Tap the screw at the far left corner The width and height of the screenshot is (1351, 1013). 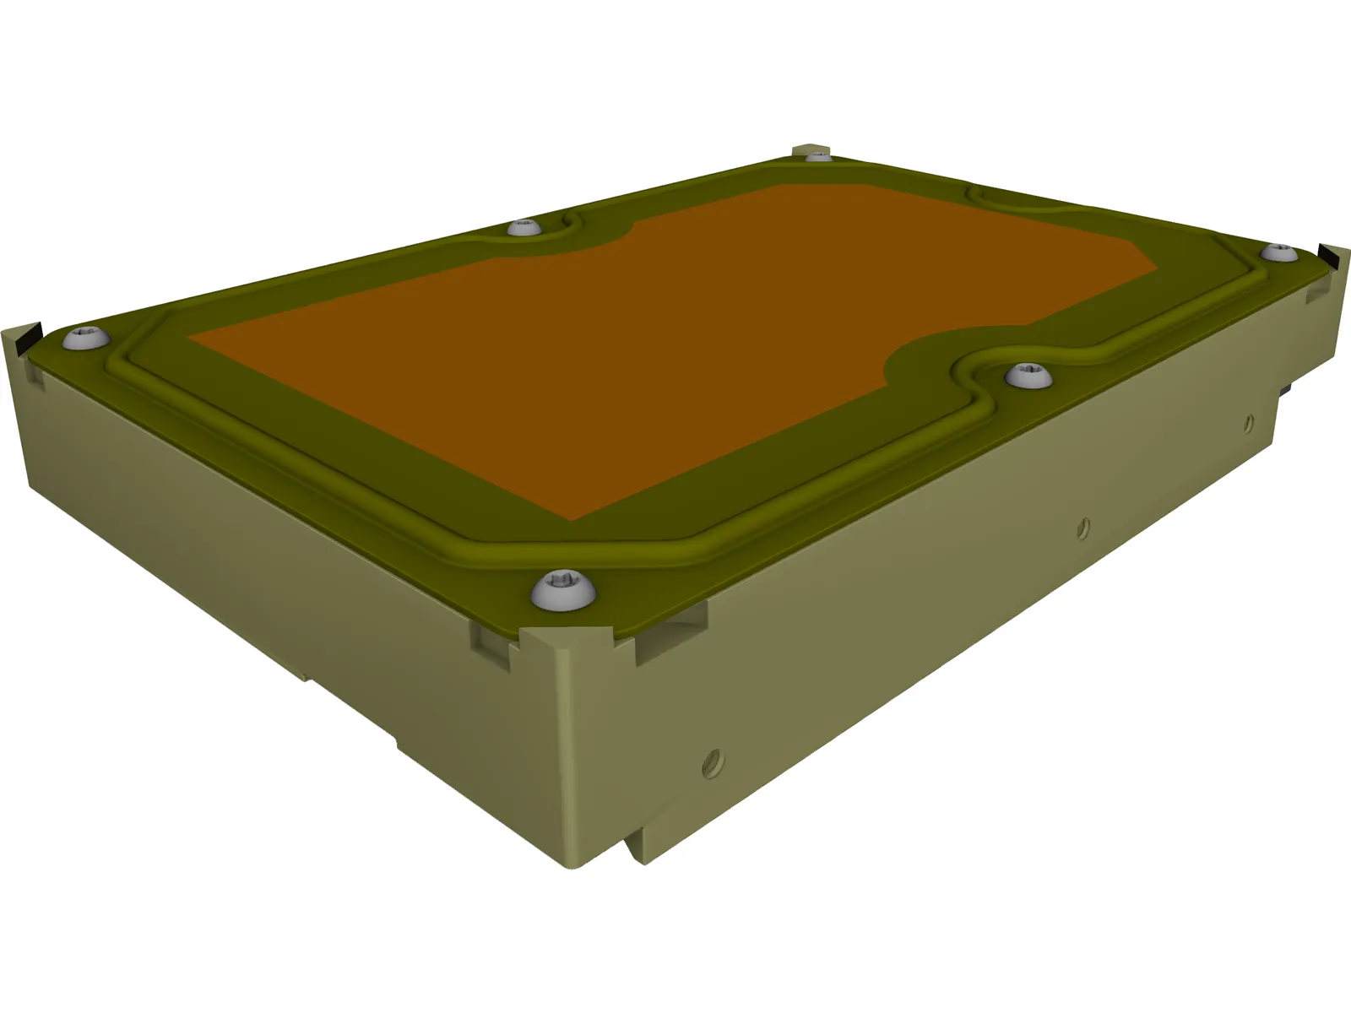click(x=86, y=339)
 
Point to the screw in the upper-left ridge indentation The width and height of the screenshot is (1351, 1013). click(x=524, y=227)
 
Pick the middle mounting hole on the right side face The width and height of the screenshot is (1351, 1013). click(x=1082, y=528)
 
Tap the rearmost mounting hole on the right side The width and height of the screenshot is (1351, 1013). click(x=1248, y=420)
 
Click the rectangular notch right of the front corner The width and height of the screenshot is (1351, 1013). click(x=671, y=635)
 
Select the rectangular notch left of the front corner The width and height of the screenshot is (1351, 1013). click(x=490, y=639)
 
